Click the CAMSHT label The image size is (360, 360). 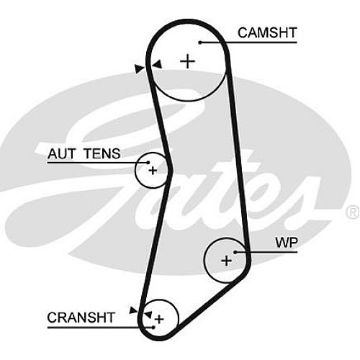click(267, 33)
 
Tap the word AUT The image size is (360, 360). click(61, 153)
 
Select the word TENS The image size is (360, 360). click(102, 153)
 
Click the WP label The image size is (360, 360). click(287, 243)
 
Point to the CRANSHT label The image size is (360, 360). click(81, 318)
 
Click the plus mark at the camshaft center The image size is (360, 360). click(188, 61)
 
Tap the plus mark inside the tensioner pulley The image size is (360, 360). click(153, 171)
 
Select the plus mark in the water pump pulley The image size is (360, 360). click(226, 261)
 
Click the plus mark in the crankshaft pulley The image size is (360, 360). click(159, 319)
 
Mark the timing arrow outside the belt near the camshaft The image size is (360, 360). click(139, 69)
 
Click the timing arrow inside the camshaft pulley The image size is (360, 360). click(158, 64)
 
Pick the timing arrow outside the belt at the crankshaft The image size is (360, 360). click(133, 310)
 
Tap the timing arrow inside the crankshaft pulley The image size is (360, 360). click(148, 315)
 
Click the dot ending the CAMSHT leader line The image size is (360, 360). click(200, 42)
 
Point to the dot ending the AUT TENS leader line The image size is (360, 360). click(148, 163)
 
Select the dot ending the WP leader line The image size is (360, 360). click(235, 252)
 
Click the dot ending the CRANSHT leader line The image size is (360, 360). click(153, 327)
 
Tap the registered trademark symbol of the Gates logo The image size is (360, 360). click(352, 212)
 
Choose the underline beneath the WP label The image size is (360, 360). click(266, 252)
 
